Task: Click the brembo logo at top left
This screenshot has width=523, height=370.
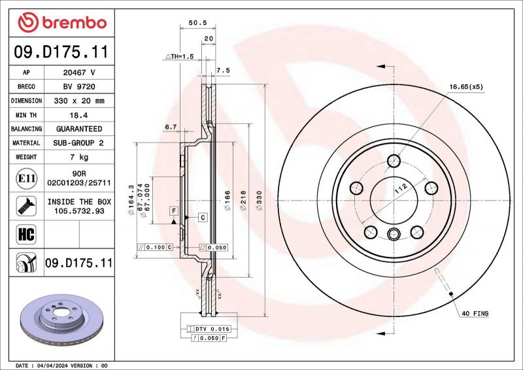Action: click(61, 23)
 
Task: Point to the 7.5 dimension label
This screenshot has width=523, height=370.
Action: click(222, 70)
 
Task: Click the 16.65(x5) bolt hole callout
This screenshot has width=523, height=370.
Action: click(465, 86)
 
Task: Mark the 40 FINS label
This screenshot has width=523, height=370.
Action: click(475, 314)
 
